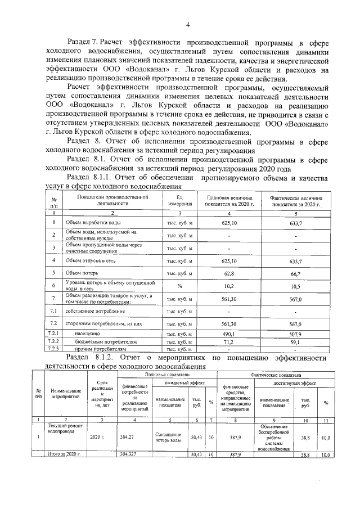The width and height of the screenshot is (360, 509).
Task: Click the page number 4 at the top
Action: (x=188, y=24)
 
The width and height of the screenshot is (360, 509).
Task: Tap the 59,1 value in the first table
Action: (x=296, y=341)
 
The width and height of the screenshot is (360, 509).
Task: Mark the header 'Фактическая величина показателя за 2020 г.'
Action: (x=296, y=201)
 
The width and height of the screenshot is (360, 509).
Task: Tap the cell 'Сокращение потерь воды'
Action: (x=167, y=437)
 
